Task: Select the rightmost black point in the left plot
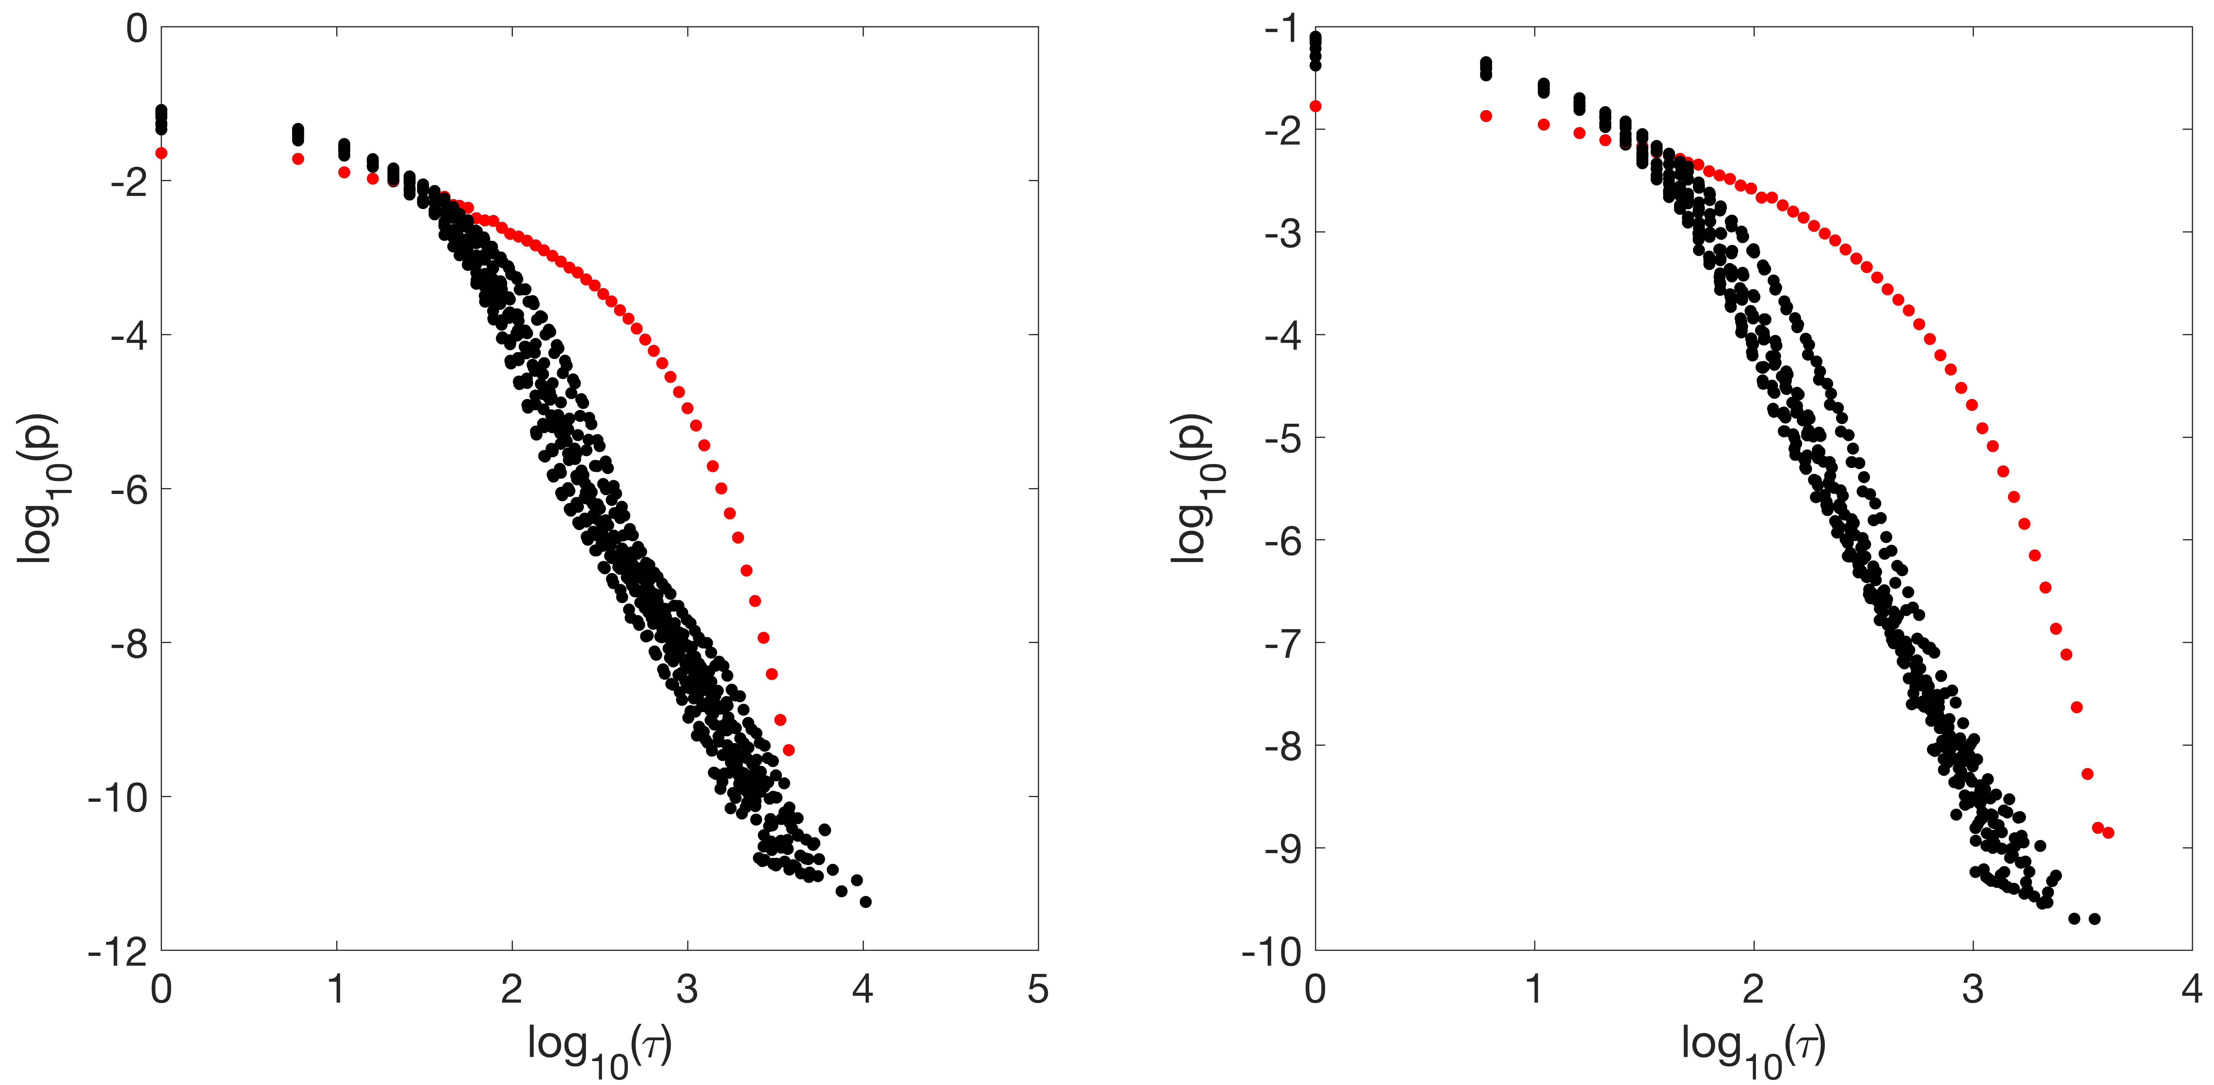click(x=866, y=902)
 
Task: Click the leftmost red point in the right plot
click(x=1315, y=106)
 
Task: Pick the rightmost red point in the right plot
click(x=2107, y=832)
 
